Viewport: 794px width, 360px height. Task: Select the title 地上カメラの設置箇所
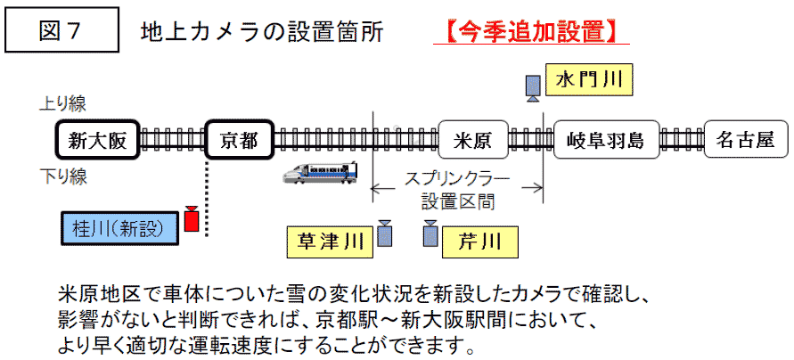point(263,32)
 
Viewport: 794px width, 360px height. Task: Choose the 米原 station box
point(473,140)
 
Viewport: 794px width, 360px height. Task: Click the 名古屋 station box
point(745,140)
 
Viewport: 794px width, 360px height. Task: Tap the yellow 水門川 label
point(588,81)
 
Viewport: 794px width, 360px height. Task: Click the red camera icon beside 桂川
point(190,219)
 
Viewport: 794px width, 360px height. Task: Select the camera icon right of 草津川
point(385,233)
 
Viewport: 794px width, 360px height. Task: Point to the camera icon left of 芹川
point(431,233)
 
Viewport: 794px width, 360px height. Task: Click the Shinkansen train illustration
point(320,172)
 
